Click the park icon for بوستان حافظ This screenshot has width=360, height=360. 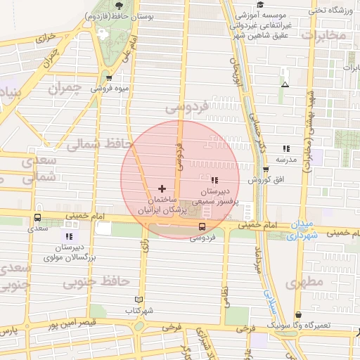[x=104, y=33]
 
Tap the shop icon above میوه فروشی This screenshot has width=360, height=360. [x=108, y=78]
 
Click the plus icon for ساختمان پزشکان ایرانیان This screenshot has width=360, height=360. [x=162, y=188]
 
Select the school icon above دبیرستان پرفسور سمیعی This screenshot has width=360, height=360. [x=214, y=181]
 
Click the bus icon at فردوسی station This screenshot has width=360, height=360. [x=202, y=226]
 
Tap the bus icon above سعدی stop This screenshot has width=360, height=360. [x=37, y=217]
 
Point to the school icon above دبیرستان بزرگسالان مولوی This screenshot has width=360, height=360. [x=69, y=236]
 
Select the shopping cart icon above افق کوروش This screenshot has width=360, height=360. [x=265, y=169]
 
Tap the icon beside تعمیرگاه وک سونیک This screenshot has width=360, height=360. [x=300, y=315]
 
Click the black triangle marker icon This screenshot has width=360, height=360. [x=284, y=84]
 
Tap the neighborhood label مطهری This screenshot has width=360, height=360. [x=305, y=282]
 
